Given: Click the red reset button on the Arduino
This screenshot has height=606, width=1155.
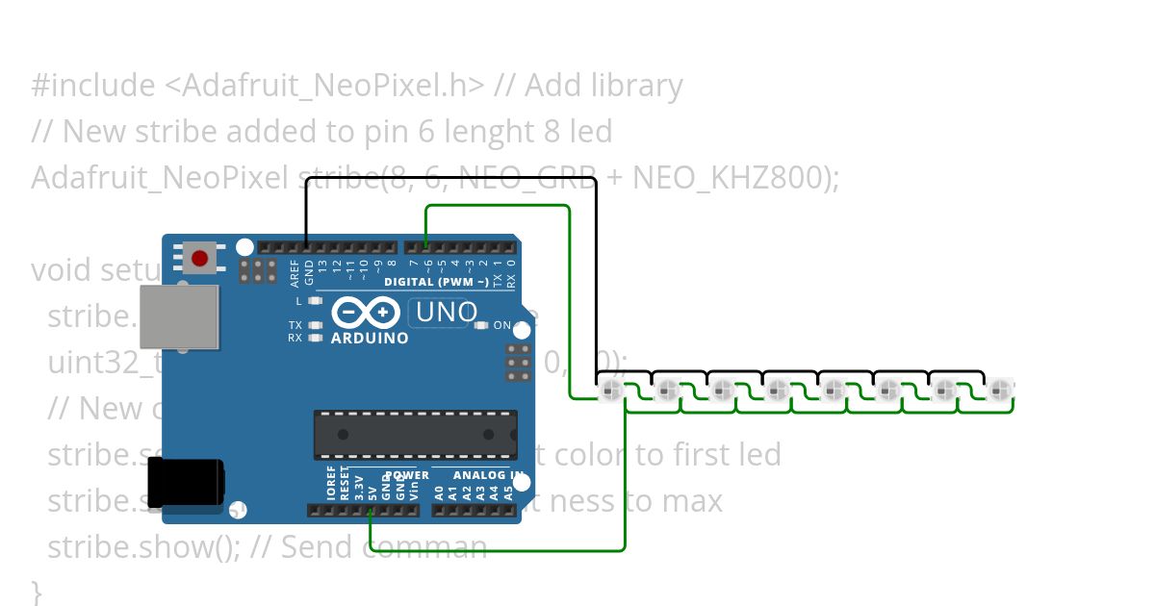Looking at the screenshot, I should (199, 258).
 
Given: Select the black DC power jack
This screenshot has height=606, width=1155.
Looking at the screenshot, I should (185, 480).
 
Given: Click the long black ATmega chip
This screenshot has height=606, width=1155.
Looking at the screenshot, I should (415, 434).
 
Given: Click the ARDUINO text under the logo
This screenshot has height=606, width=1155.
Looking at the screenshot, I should (370, 339).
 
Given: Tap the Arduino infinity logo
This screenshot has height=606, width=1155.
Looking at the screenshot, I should (367, 314).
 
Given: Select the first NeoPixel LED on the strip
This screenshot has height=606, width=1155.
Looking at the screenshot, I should (610, 391).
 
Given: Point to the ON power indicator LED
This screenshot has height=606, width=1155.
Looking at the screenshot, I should (481, 325).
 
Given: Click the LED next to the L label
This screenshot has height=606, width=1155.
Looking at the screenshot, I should (315, 301).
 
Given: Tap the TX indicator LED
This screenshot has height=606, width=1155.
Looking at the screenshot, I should (315, 325).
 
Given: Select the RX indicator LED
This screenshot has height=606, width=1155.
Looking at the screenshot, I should (315, 338).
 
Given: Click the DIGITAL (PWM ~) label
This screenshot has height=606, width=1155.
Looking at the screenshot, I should (436, 282).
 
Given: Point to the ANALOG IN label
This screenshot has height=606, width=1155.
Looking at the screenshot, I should (478, 475).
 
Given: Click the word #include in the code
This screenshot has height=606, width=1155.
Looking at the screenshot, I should (92, 86).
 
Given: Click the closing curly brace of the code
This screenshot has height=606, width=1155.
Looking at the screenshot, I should (37, 589).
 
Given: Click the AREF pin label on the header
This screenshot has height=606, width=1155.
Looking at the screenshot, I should (295, 274).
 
